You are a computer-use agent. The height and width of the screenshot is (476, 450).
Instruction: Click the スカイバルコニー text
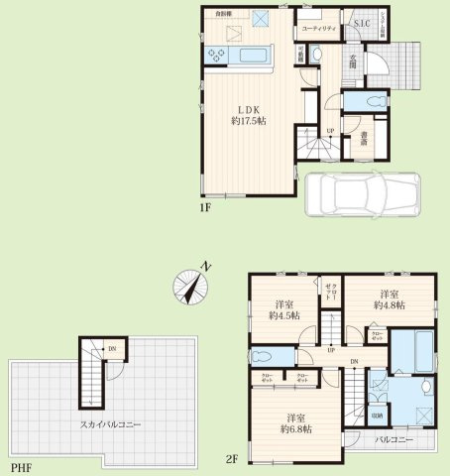111,423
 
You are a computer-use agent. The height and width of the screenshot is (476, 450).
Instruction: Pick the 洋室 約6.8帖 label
295,422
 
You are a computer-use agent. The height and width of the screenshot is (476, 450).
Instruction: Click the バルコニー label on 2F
394,437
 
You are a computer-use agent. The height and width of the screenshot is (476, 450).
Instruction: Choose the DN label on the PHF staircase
113,349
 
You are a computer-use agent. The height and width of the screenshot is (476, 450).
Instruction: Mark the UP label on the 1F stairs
330,130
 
